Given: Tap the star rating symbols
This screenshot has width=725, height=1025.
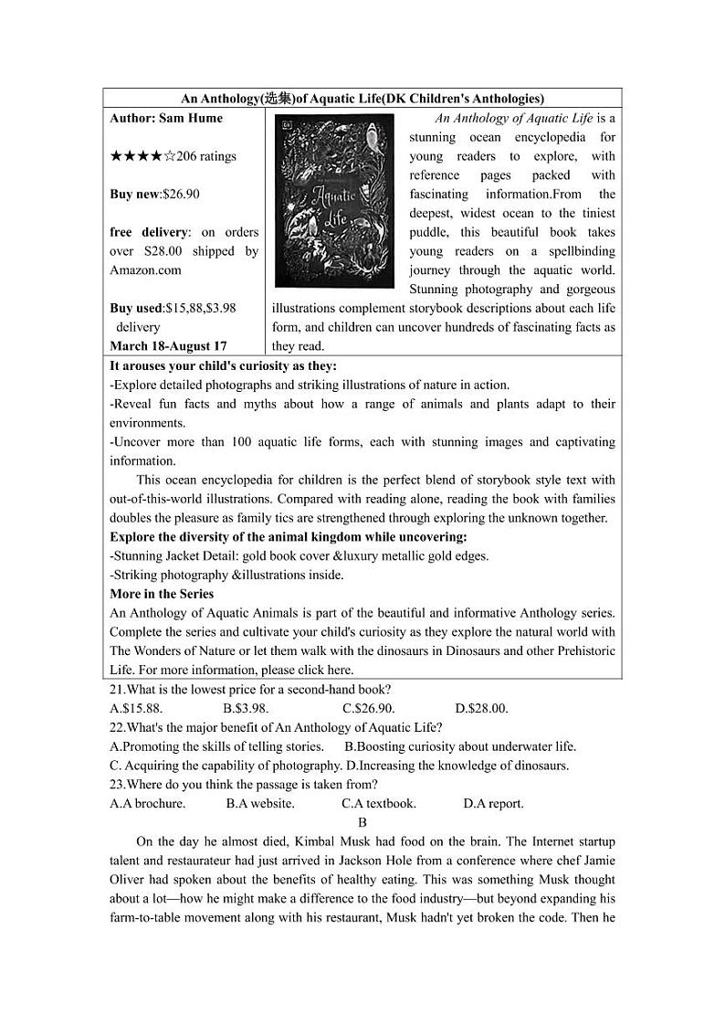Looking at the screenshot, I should click(142, 156).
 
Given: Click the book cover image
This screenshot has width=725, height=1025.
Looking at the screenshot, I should click(334, 201).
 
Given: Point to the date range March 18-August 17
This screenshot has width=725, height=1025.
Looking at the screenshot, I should click(168, 346).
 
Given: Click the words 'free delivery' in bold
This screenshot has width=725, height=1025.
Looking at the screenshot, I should click(149, 232).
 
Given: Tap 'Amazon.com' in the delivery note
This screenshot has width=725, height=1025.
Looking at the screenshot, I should click(145, 269).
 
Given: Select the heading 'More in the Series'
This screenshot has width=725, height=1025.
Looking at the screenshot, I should click(162, 594).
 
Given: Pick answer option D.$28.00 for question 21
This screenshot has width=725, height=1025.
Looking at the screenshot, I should click(481, 708).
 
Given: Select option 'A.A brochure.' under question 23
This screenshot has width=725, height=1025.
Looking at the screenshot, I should click(147, 804).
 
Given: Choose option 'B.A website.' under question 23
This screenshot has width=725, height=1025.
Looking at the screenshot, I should click(260, 804).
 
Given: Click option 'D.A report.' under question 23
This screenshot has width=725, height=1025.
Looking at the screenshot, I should click(493, 804).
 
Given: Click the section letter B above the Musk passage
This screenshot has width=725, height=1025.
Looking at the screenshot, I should click(362, 822).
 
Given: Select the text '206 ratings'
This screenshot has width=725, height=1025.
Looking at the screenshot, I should click(205, 156).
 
